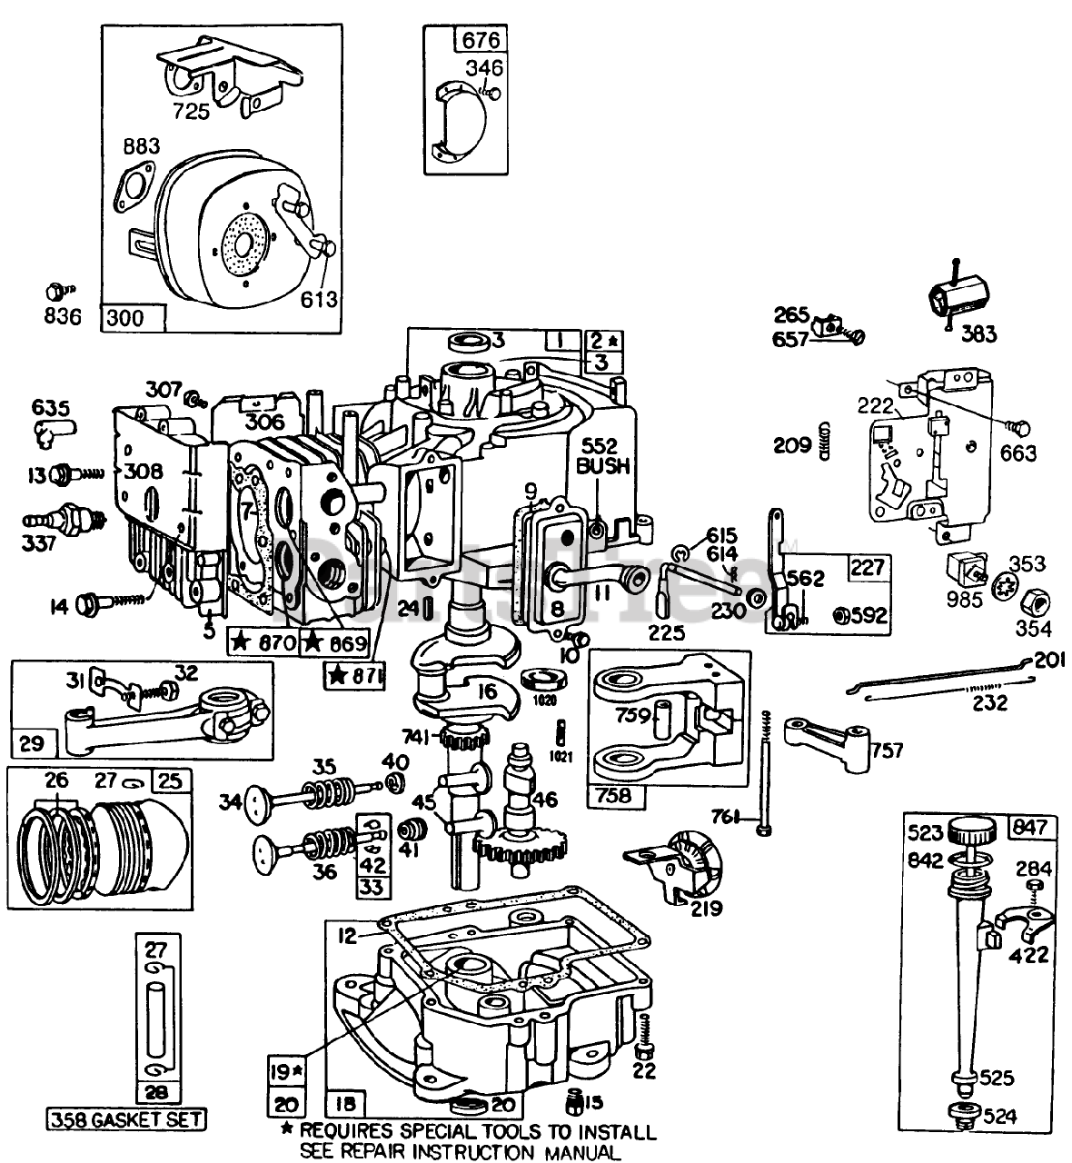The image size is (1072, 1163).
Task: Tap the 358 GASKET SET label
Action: pyautogui.click(x=126, y=1119)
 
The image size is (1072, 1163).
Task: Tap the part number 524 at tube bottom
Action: pyautogui.click(x=999, y=1117)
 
